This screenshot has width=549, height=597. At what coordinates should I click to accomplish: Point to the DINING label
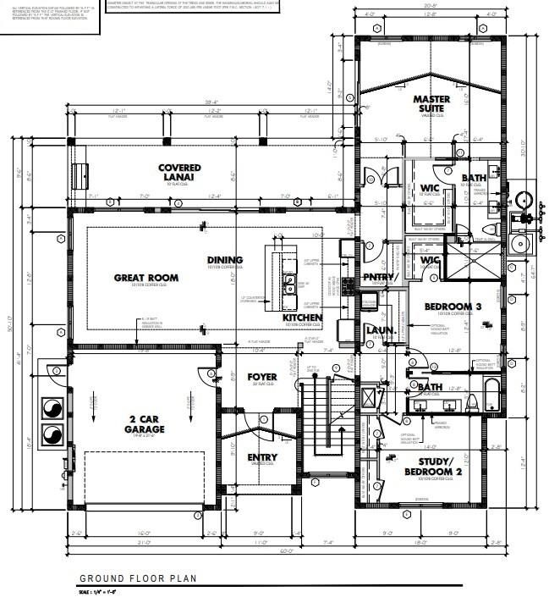coord(225,260)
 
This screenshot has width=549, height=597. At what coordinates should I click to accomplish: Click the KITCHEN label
coord(302,318)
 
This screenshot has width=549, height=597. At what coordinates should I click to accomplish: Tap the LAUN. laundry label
coord(376,329)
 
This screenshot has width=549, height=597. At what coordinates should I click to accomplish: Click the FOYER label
coord(262,377)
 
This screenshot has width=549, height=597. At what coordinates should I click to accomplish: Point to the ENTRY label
coord(262,457)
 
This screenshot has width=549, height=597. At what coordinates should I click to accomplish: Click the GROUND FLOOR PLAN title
coord(139,578)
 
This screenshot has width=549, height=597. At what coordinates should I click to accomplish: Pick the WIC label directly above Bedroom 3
coord(431,260)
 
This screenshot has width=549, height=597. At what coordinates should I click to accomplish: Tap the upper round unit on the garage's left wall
coord(52,406)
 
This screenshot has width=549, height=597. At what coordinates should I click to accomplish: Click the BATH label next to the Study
coord(430,388)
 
